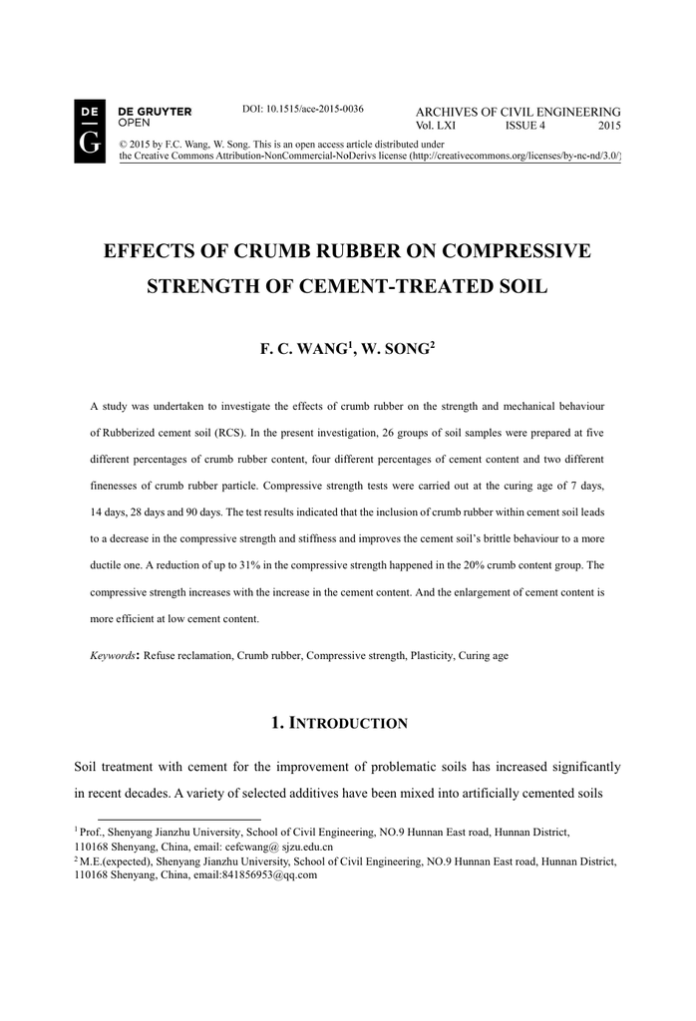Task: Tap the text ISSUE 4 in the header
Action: [x=524, y=126]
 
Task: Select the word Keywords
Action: [x=112, y=656]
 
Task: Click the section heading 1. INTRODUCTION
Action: [x=339, y=722]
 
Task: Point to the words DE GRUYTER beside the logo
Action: [x=155, y=111]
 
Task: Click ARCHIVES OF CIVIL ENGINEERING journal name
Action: [x=518, y=111]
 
